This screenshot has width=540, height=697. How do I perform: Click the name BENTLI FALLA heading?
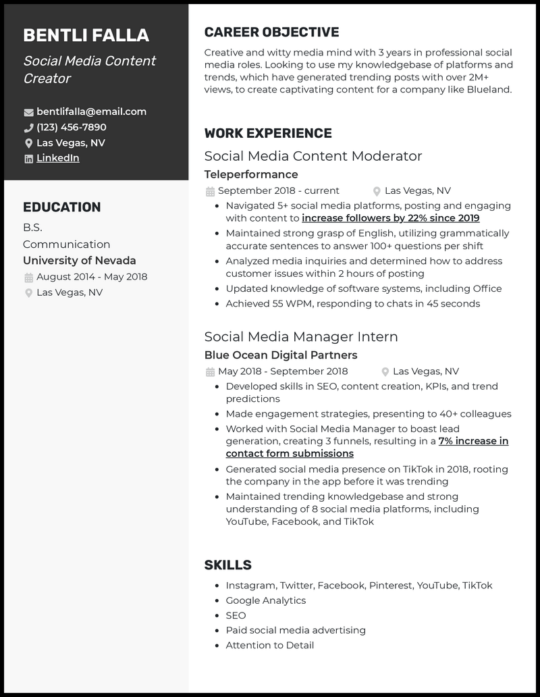point(86,36)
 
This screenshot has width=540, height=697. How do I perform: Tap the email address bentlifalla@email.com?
point(91,111)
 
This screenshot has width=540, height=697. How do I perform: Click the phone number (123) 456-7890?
point(71,127)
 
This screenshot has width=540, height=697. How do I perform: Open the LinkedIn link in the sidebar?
point(57,158)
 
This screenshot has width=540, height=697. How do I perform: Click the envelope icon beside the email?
point(28,112)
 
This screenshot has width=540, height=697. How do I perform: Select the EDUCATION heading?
point(61,207)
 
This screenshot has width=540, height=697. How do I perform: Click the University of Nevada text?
point(79,261)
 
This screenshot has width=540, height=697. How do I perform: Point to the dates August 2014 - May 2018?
point(91,277)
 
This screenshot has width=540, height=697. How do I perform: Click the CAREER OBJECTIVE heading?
point(271,32)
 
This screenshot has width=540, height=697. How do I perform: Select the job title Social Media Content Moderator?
point(313,156)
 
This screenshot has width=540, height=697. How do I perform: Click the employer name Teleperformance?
point(251,174)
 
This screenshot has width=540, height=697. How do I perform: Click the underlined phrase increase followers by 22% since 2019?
point(390,218)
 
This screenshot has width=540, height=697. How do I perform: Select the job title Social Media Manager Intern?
point(300,337)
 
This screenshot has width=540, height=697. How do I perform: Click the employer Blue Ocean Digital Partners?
point(280,355)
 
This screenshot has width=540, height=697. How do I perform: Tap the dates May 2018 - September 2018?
point(283,371)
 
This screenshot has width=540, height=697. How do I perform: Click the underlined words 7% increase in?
point(473,441)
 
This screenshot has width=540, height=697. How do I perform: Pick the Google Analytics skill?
point(265,600)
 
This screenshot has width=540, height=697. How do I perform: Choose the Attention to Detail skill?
point(269,645)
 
